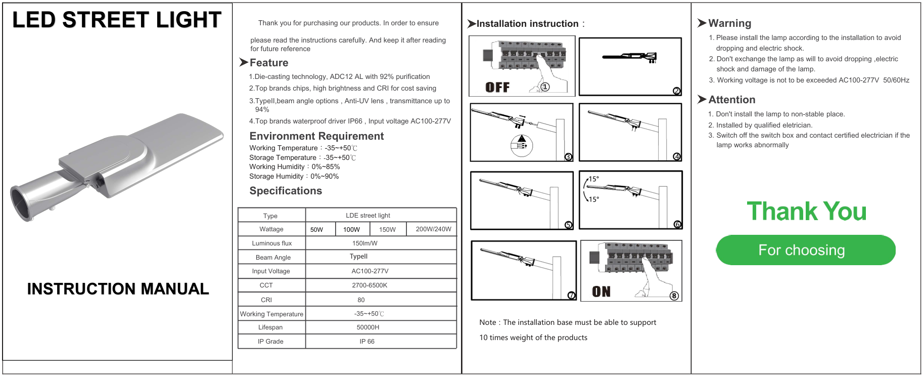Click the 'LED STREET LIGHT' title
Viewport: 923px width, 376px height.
click(x=117, y=20)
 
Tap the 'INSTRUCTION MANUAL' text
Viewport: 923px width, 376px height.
click(x=118, y=289)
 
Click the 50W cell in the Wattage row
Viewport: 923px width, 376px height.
click(x=317, y=230)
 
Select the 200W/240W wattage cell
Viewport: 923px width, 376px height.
click(x=433, y=229)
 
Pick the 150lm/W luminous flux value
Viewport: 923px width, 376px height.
click(x=365, y=243)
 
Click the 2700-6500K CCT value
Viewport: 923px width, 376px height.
click(x=370, y=285)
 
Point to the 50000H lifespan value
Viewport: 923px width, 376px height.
click(x=368, y=327)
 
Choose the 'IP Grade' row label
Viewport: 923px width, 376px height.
click(x=270, y=342)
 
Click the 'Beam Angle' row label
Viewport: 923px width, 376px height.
click(x=273, y=258)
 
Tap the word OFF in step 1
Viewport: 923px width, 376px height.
click(x=497, y=88)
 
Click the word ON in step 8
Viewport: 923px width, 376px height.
click(x=602, y=292)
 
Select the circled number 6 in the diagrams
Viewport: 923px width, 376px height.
click(x=677, y=225)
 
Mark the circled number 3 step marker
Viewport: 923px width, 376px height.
click(x=568, y=157)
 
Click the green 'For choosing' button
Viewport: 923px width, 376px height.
click(x=805, y=250)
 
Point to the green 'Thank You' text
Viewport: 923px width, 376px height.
click(x=807, y=212)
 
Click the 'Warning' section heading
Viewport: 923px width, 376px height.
click(x=729, y=23)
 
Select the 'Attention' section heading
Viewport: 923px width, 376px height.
click(x=731, y=100)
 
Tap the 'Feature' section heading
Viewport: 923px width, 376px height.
click(x=268, y=63)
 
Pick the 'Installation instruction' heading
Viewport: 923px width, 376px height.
click(x=527, y=24)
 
